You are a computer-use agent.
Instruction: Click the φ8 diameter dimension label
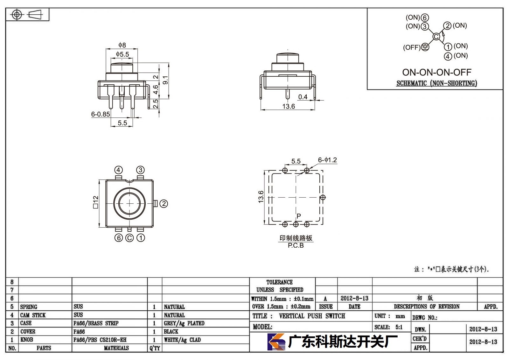[x=122, y=45]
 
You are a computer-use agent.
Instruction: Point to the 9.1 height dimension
[x=166, y=80]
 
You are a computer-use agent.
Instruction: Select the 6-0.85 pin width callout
[x=101, y=114]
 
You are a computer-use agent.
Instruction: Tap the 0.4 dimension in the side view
[x=303, y=97]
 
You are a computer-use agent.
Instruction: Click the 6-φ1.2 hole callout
[x=327, y=160]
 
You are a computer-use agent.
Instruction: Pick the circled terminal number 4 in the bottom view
[x=118, y=170]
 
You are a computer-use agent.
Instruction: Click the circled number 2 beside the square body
[x=164, y=203]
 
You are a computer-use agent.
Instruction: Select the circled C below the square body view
[x=129, y=238]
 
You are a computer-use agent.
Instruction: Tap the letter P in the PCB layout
[x=299, y=216]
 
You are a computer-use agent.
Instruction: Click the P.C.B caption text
[x=296, y=245]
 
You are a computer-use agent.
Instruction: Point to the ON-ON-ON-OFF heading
[x=437, y=72]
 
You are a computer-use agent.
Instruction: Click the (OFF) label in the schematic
[x=412, y=47]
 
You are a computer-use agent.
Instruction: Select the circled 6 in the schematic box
[x=424, y=18]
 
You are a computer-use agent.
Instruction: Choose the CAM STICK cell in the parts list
[x=33, y=315]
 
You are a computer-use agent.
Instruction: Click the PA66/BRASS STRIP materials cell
[x=96, y=323]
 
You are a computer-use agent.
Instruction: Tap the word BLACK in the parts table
[x=171, y=331]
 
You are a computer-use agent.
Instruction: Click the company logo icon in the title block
[x=276, y=342]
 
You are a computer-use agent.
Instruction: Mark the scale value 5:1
[x=399, y=327]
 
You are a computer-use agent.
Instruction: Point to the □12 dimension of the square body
[x=96, y=202]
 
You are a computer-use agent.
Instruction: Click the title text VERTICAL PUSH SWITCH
[x=312, y=316]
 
